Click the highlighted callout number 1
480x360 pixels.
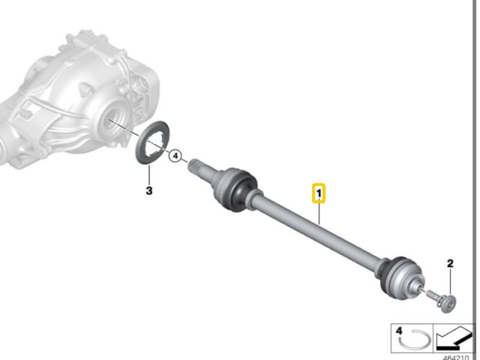[x=319, y=194]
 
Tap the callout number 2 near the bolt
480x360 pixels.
[x=451, y=263]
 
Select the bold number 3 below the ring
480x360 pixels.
[x=148, y=190]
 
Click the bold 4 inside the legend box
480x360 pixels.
[x=399, y=330]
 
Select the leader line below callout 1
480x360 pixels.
[x=319, y=214]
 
